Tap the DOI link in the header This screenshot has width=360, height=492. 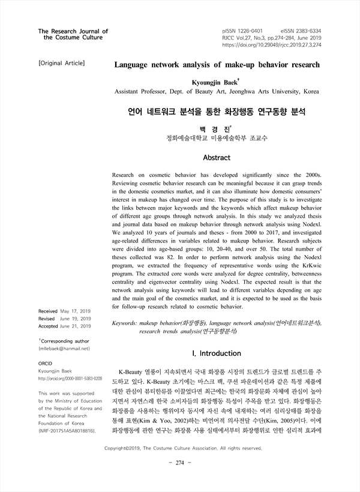click(271, 44)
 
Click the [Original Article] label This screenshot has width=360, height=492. click(61, 62)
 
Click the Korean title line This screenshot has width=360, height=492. click(217, 112)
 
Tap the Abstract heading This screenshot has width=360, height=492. click(217, 158)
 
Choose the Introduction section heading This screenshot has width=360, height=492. click(217, 354)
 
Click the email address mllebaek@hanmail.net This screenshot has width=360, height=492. click(64, 348)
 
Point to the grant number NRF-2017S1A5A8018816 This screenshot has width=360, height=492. click(66, 431)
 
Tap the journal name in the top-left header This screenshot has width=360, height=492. click(73, 34)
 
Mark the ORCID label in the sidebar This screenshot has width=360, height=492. click(46, 364)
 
